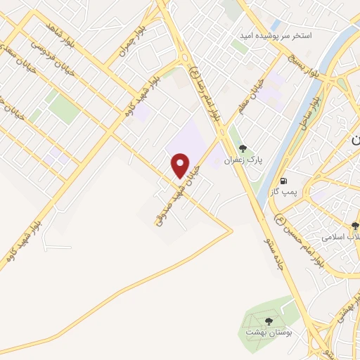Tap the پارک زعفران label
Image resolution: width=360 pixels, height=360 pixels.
click(243, 160)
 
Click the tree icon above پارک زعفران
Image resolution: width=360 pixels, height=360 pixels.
click(243, 148)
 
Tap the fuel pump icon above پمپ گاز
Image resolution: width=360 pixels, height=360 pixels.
click(284, 179)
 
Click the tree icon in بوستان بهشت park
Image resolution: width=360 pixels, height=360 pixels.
click(262, 318)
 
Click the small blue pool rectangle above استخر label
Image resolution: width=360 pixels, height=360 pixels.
click(275, 25)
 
